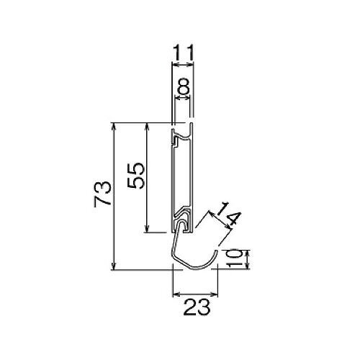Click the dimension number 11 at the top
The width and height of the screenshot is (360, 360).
(x=183, y=53)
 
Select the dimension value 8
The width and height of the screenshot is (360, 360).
(x=184, y=86)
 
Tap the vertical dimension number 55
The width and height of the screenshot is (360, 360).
(x=136, y=176)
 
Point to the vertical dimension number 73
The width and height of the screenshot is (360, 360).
(x=103, y=194)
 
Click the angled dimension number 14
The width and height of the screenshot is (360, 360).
(x=228, y=213)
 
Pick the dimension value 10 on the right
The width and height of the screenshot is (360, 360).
(x=234, y=258)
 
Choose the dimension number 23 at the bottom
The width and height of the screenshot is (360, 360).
(x=197, y=307)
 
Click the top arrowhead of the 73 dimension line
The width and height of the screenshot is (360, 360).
(x=114, y=127)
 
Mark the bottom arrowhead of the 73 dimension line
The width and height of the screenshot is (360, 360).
(x=114, y=266)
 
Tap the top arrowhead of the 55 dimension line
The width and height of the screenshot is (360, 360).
(x=147, y=127)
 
